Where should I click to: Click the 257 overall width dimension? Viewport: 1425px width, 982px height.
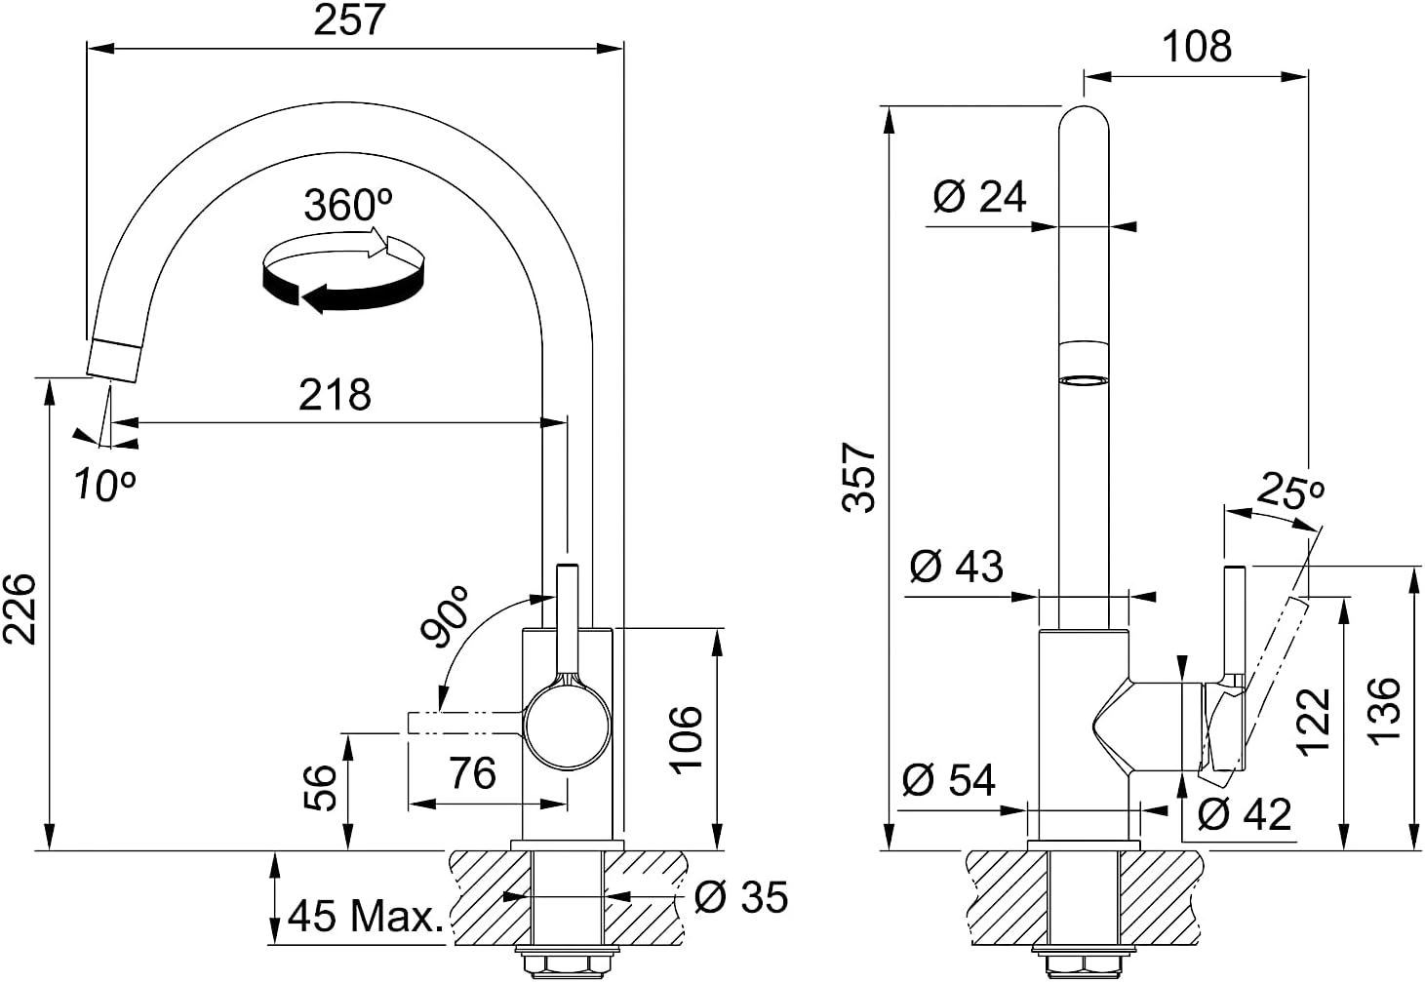tap(350, 20)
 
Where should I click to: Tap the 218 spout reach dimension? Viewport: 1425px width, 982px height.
tap(335, 395)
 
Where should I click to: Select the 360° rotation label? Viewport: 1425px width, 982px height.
tap(348, 205)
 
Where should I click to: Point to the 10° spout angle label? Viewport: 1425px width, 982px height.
tap(104, 486)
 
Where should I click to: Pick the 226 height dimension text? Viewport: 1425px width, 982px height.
tap(20, 609)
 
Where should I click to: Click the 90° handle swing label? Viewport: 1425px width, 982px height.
tap(445, 616)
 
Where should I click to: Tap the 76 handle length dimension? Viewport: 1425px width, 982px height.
tap(472, 773)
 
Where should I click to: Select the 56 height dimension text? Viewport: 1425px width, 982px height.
tap(320, 788)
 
